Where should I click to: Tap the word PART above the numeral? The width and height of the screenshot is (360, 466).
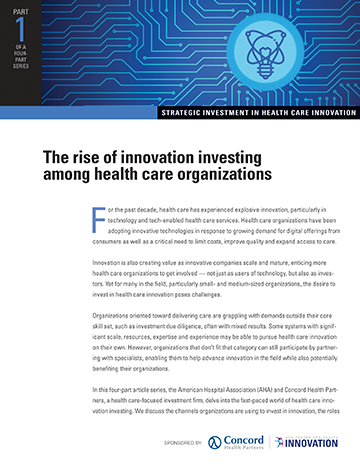click(x=20, y=11)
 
